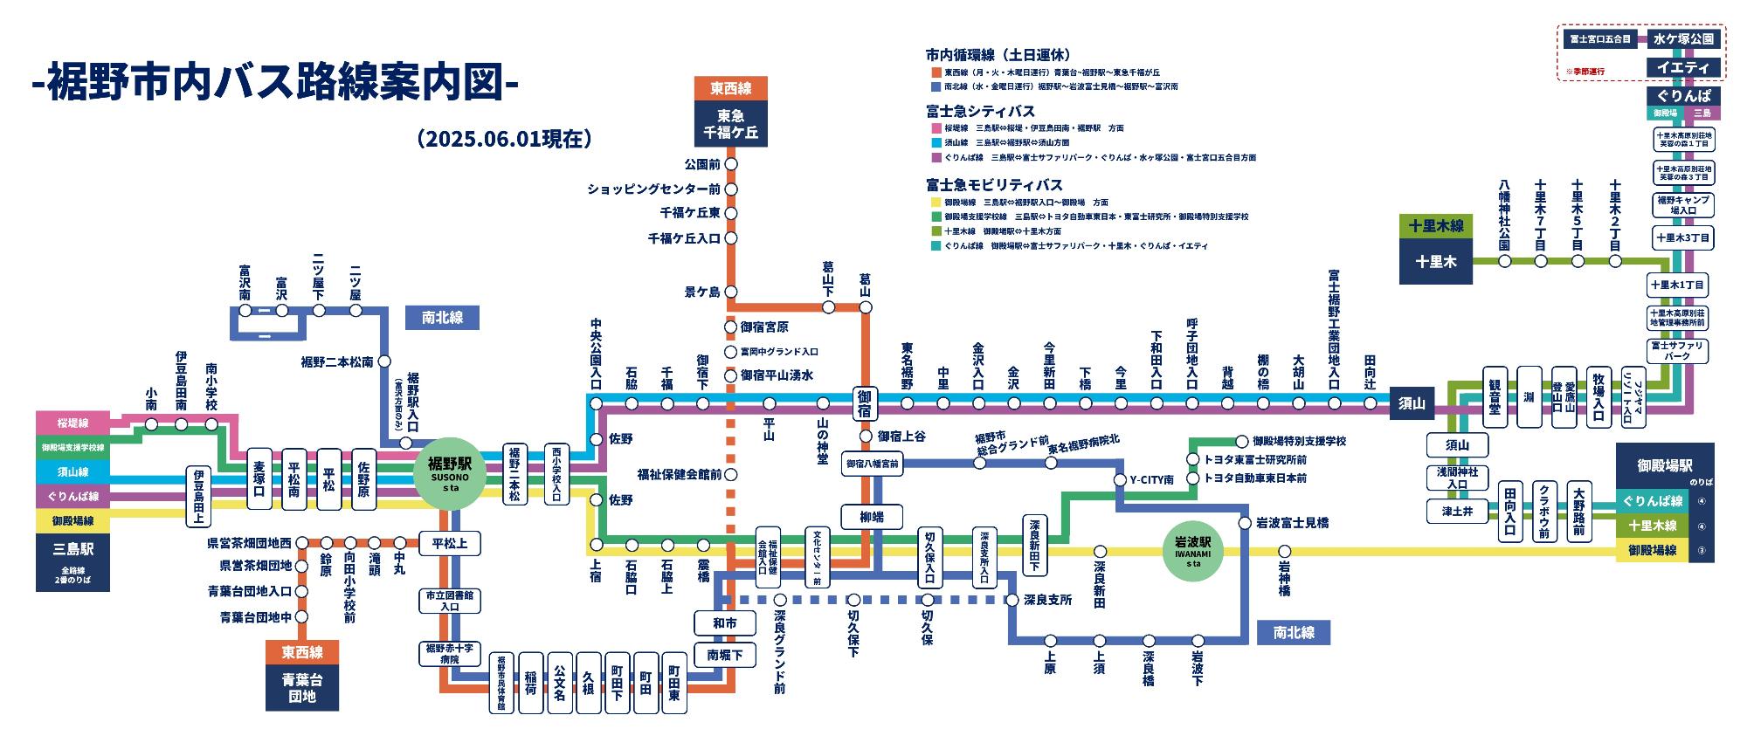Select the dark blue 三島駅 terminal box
pyautogui.click(x=73, y=561)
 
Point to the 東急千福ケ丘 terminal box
pyautogui.click(x=731, y=124)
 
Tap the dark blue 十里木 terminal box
pyautogui.click(x=1435, y=260)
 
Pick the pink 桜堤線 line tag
pyautogui.click(x=73, y=423)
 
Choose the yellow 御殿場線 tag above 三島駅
pyautogui.click(x=73, y=521)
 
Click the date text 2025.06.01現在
pyautogui.click(x=505, y=139)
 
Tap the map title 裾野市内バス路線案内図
pyautogui.click(x=274, y=84)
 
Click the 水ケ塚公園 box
pyautogui.click(x=1683, y=38)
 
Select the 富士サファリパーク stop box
pyautogui.click(x=1677, y=351)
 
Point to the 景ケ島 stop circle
pyautogui.click(x=731, y=292)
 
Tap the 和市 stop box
pyautogui.click(x=724, y=623)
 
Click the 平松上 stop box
pyautogui.click(x=449, y=544)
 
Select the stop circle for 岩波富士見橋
pyautogui.click(x=1244, y=523)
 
